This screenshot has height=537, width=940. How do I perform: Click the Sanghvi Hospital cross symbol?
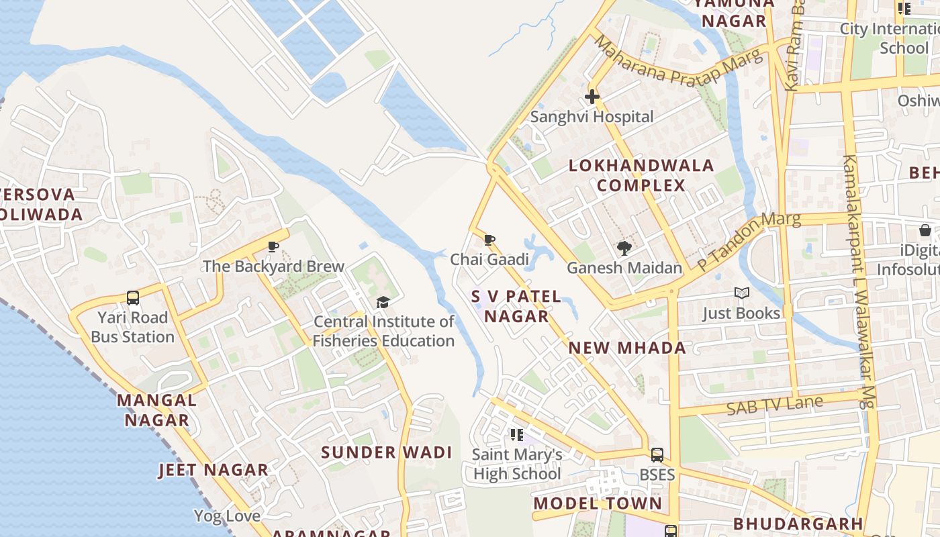point(592,97)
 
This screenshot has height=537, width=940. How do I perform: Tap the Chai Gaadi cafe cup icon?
point(489,240)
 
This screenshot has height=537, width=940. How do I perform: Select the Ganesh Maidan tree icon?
point(624,248)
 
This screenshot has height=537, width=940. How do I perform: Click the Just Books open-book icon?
point(741,293)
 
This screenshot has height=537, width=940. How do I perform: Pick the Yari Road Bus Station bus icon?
point(133,297)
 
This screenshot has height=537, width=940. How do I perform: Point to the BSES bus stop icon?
point(657,454)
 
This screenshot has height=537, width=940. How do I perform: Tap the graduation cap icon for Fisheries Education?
point(383,302)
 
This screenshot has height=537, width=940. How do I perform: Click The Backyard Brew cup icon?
point(273,246)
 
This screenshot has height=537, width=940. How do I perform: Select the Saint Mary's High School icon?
point(516,435)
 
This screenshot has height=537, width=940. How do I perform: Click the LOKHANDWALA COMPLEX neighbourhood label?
point(641,175)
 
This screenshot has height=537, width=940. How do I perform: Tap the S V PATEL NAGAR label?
point(516,306)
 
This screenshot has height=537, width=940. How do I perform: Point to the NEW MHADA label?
point(627,348)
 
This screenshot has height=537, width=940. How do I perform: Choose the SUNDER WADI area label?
point(386,452)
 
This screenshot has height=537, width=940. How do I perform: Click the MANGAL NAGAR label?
point(156,410)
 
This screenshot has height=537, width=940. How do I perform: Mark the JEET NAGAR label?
point(213,470)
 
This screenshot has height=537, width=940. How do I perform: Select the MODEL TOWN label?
point(598,503)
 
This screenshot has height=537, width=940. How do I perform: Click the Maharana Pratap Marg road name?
point(678,62)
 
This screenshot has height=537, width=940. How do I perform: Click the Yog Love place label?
point(227,516)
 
